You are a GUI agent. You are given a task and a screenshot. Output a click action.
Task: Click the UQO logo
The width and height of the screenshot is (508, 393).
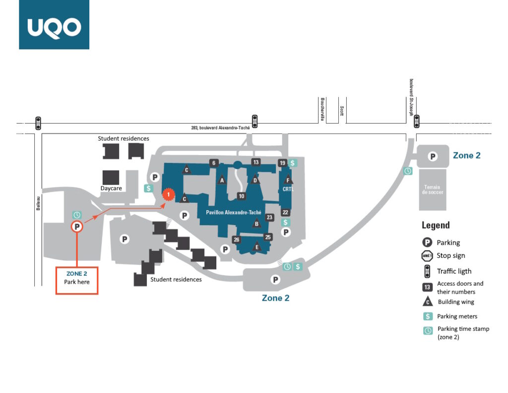(54, 25)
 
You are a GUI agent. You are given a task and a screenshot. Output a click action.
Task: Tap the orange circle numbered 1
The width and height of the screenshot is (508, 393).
(169, 195)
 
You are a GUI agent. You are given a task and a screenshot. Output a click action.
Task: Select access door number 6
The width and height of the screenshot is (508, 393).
(213, 163)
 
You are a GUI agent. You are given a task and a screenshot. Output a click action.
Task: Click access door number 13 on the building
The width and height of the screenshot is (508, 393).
(256, 162)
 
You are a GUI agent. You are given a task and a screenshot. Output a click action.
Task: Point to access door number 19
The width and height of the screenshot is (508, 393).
(282, 163)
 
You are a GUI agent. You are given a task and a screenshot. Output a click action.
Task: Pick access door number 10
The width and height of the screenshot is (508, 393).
(242, 196)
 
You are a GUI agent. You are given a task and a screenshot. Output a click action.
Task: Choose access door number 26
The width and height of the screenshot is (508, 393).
(237, 240)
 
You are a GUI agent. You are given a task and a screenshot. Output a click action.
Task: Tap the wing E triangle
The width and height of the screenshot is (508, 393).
(257, 246)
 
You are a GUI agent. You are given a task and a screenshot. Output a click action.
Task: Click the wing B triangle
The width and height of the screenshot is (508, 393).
(256, 223)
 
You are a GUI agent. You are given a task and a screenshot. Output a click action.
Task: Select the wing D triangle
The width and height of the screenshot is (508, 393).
(255, 179)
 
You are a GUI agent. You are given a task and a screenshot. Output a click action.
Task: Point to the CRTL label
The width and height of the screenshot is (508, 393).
(288, 189)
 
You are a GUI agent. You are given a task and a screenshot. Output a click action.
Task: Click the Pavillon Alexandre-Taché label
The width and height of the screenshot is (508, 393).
(234, 212)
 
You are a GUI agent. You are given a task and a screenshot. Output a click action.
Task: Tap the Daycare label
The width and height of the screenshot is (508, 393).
(111, 188)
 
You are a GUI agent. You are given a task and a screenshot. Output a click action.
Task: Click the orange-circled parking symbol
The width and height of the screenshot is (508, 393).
(77, 227)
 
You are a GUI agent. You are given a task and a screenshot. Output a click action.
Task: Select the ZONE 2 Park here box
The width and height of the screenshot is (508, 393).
(77, 281)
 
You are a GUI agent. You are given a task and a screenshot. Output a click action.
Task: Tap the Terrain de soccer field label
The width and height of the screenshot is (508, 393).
(433, 189)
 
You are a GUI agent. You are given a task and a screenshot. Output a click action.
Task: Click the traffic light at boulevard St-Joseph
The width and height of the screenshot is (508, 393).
(417, 121)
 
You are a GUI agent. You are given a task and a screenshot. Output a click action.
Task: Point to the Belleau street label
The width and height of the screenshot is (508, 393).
(38, 204)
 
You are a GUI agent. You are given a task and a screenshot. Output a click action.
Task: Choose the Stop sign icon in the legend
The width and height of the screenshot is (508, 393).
(427, 256)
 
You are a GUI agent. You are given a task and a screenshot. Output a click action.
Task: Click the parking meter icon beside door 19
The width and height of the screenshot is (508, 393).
(293, 163)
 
